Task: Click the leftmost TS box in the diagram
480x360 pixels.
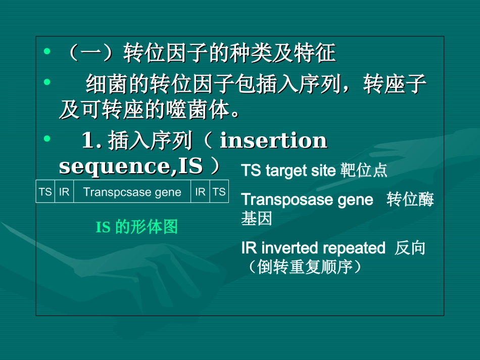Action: pos(45,192)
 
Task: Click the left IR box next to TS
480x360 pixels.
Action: pos(64,192)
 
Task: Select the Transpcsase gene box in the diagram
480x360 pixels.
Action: pos(132,192)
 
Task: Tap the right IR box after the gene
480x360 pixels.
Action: pos(201,192)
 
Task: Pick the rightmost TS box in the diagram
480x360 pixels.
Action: pos(219,192)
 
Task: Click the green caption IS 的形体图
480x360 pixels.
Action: pos(137,227)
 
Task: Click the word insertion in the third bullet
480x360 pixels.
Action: pos(273,141)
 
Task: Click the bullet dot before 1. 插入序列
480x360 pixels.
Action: pos(47,138)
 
